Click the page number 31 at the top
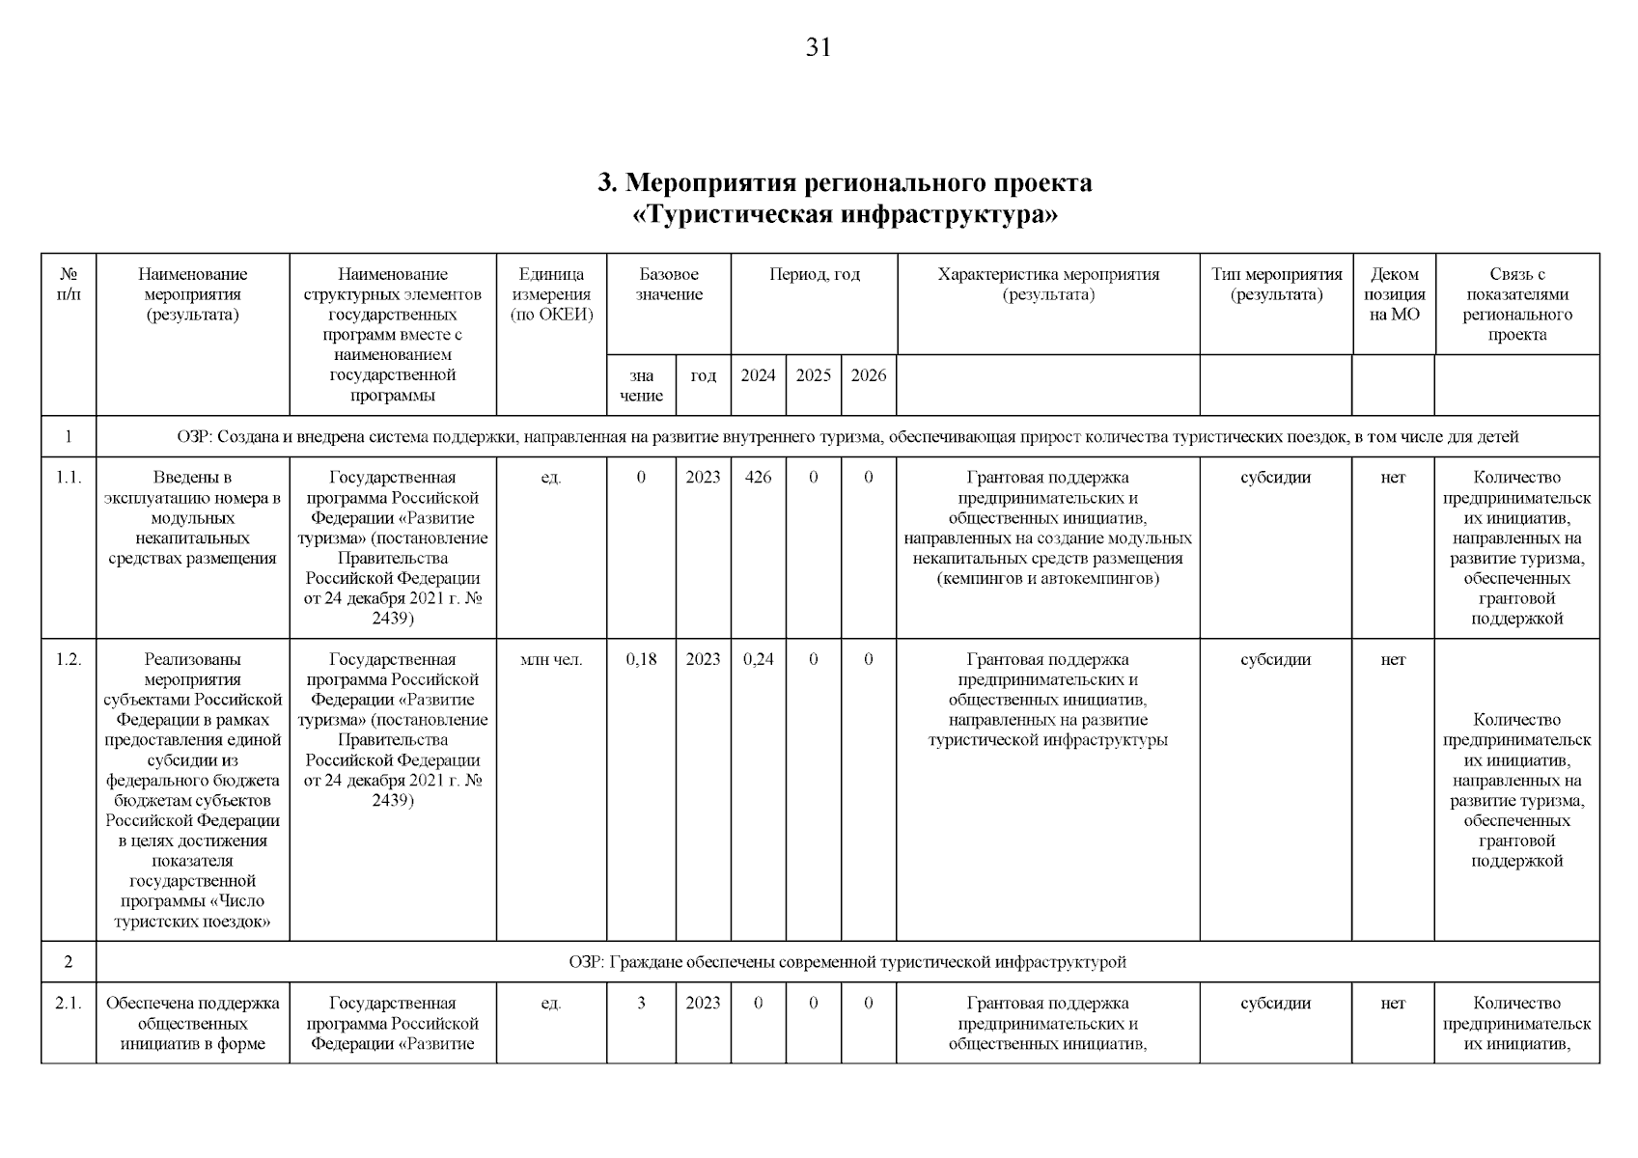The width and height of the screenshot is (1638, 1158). [818, 47]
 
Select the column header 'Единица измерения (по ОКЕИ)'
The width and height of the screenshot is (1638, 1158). [551, 294]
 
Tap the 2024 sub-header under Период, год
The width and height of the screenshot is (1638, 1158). [758, 375]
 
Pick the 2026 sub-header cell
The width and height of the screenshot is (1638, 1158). [868, 375]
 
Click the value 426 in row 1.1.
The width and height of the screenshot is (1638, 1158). [758, 477]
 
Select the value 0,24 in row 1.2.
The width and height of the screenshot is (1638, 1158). [758, 659]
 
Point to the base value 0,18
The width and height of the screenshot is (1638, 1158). [641, 659]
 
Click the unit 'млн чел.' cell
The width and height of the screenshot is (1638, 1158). [551, 660]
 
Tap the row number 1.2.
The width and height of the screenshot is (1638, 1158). [69, 659]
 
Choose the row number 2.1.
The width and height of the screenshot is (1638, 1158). [69, 1003]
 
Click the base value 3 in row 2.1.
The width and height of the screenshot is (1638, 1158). [641, 1003]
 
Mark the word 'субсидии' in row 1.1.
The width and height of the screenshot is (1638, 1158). [1275, 477]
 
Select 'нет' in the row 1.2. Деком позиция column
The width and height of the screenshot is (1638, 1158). [1393, 659]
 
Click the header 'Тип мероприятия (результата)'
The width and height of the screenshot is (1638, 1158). [1276, 285]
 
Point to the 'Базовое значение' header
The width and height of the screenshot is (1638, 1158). [668, 285]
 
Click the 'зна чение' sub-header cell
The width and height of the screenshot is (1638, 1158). [641, 386]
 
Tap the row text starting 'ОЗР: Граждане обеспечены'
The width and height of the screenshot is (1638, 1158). [847, 962]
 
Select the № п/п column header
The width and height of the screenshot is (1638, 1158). [69, 285]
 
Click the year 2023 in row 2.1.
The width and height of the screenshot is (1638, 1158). [703, 1003]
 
